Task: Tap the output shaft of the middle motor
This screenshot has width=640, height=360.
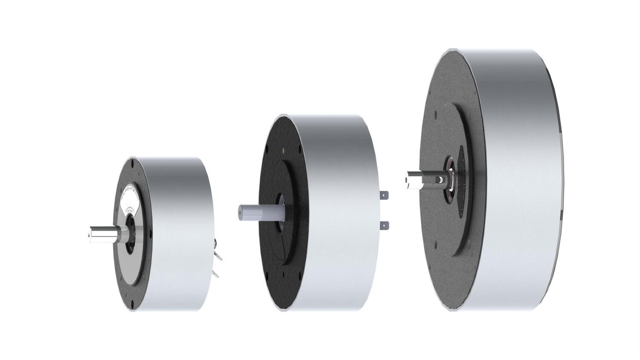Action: (260, 212)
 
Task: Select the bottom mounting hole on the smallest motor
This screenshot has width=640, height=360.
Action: (132, 303)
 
